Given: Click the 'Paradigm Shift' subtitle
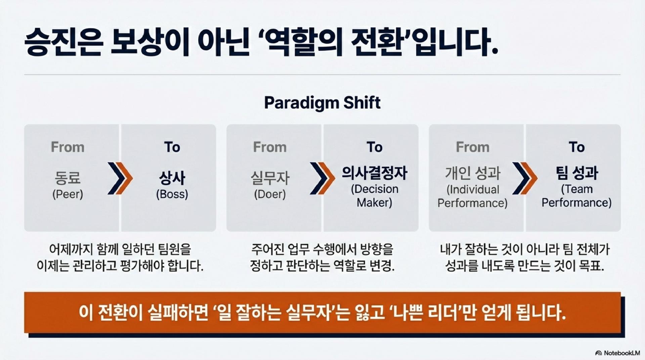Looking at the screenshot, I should (322, 103).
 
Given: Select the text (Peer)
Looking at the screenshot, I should (68, 194).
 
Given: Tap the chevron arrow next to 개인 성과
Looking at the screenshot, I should (524, 178).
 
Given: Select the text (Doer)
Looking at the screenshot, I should (270, 194).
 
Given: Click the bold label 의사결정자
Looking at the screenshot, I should (374, 173).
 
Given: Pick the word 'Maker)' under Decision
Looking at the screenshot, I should (374, 203).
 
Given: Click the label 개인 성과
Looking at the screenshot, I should (472, 173).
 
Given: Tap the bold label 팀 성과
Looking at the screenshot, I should (576, 173).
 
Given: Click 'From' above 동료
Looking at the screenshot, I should (68, 147).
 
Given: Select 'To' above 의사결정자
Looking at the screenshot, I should (374, 147).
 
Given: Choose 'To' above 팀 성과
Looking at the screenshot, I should (576, 147).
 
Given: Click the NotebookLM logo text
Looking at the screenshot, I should (621, 353).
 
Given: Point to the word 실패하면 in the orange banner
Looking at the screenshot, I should (178, 313).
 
